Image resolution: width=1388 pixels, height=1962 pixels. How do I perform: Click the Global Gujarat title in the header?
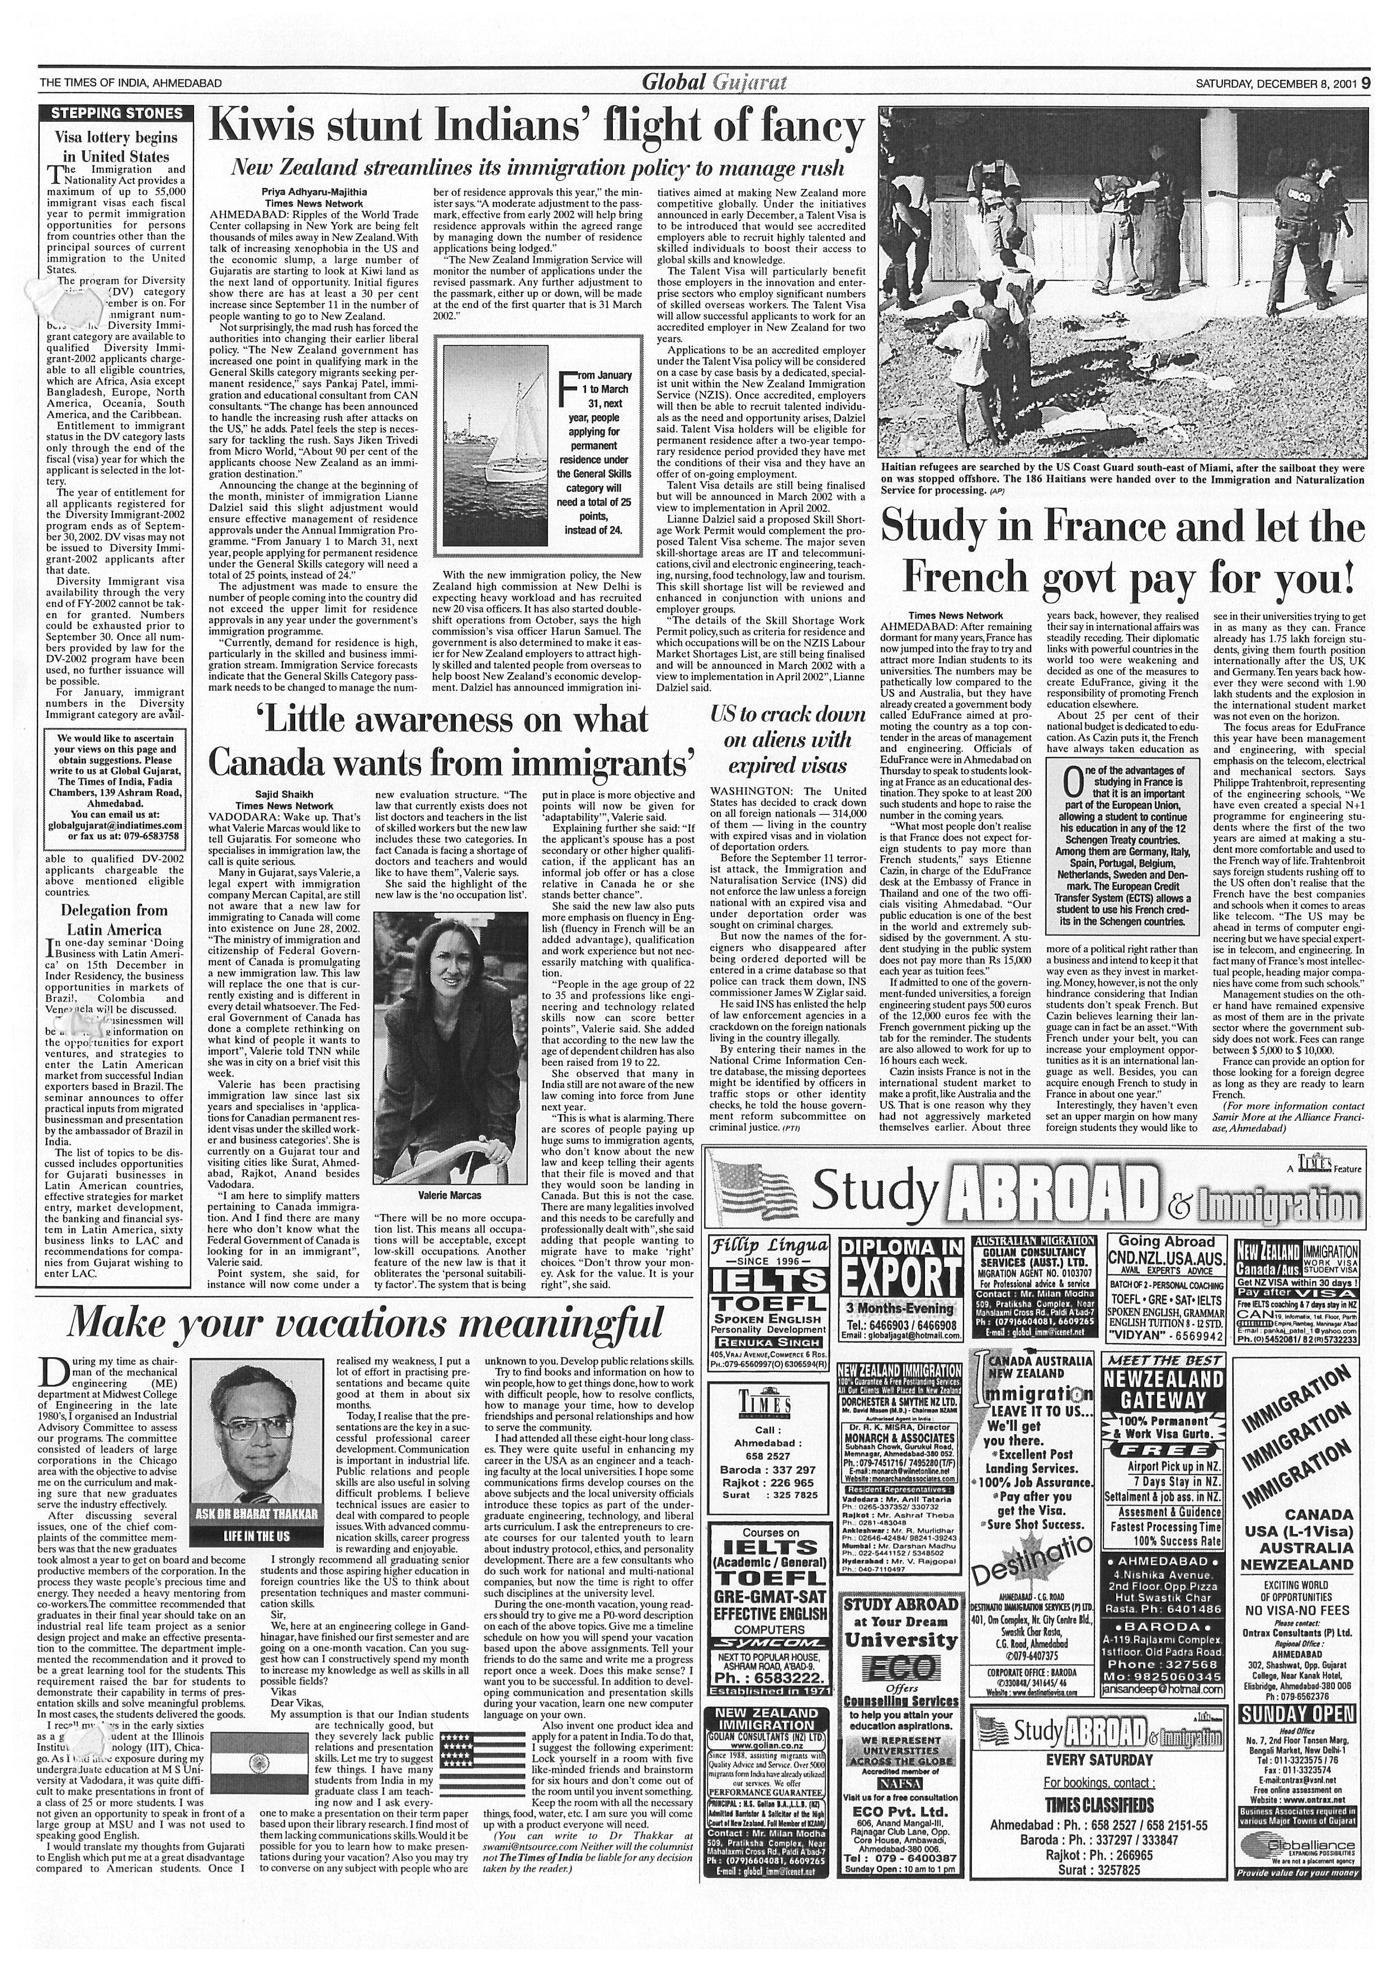coord(714,83)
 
